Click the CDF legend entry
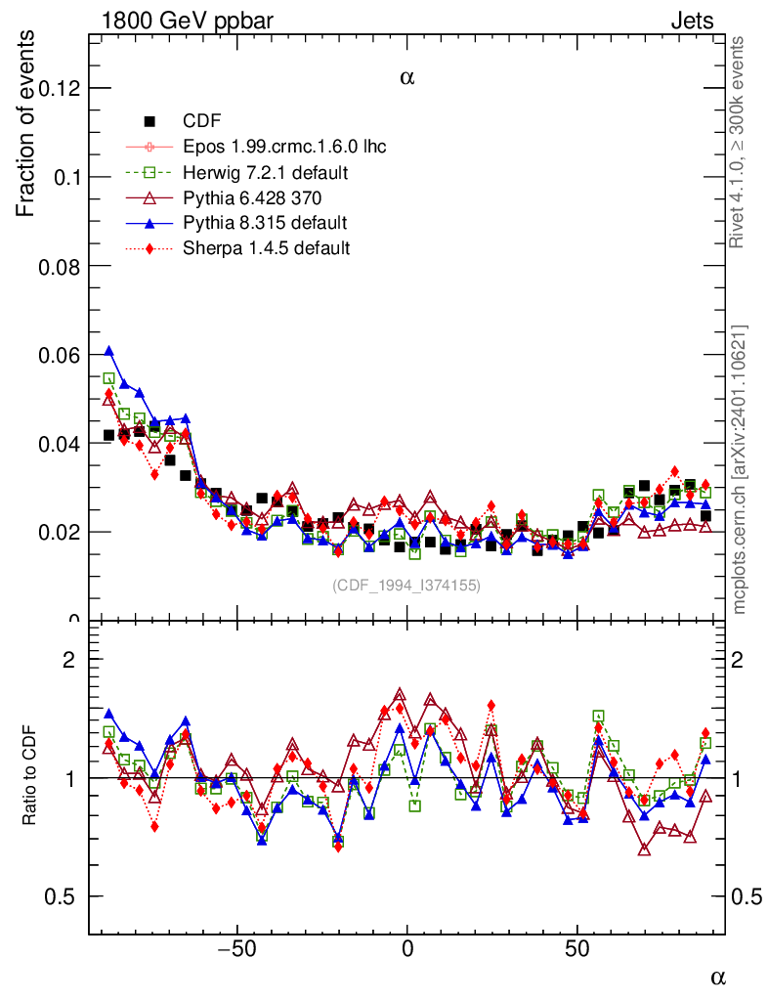(x=201, y=121)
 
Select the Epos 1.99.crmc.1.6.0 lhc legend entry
(x=284, y=147)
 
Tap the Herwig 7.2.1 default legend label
(x=266, y=172)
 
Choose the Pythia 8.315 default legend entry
(x=265, y=223)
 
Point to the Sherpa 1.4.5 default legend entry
(x=266, y=248)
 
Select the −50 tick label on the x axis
(x=235, y=949)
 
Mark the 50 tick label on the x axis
(x=577, y=949)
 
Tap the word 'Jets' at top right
(x=692, y=20)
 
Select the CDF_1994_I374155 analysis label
(x=406, y=585)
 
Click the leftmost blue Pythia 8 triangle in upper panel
(x=109, y=351)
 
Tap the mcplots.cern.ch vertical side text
(x=740, y=469)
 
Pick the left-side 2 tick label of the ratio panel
(x=69, y=659)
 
